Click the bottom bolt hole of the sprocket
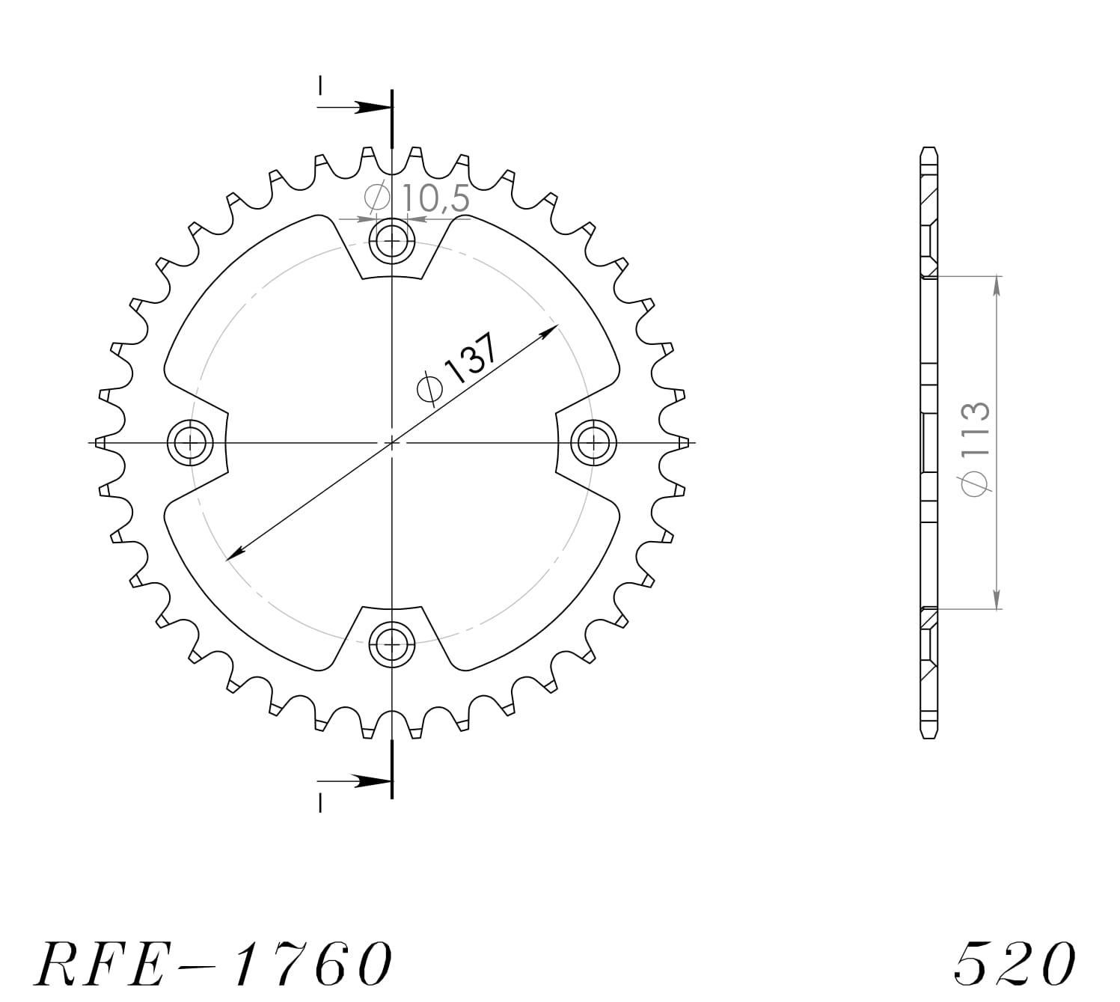pos(391,643)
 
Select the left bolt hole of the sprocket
pos(190,442)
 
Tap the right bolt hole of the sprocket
pos(593,442)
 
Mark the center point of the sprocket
pos(391,442)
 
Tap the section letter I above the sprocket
pos(320,86)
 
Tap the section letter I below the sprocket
pos(320,803)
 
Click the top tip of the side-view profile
pos(928,149)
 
